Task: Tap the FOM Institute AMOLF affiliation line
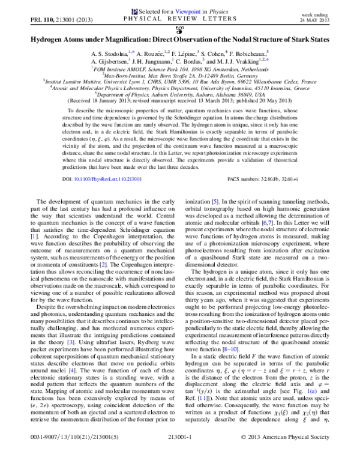[x=180, y=70]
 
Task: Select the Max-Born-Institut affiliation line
[x=180, y=76]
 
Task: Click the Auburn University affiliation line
[x=180, y=95]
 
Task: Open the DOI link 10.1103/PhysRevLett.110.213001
[x=106, y=180]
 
